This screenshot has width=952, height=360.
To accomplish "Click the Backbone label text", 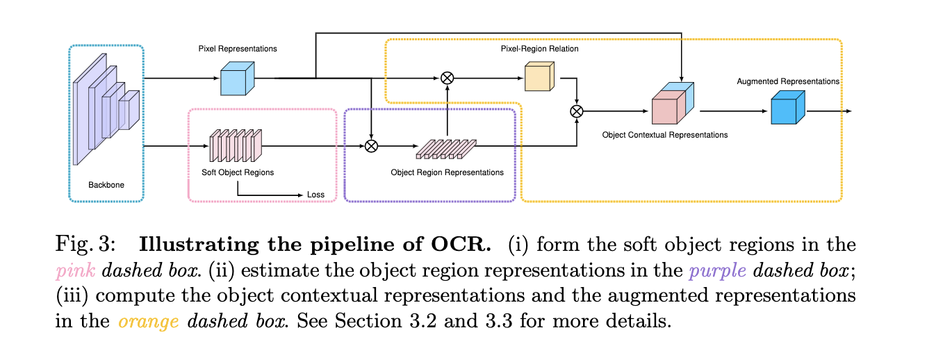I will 106,186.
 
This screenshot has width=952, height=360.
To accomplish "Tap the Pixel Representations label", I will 238,49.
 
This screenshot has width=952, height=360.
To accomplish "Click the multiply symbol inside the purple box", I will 372,146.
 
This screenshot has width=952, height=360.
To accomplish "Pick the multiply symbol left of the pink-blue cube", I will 576,111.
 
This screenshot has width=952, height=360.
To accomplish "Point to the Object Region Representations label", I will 448,172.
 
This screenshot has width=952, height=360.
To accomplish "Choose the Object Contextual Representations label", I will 664,135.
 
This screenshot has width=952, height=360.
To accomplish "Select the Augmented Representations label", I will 788,81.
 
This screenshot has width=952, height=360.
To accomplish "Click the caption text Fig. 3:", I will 81,245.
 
